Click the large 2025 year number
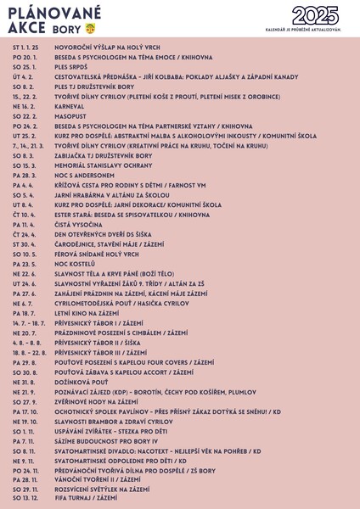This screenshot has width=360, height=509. (315, 14)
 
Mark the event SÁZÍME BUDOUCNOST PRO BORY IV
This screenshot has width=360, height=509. (107, 441)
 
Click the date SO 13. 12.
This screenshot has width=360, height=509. (25, 499)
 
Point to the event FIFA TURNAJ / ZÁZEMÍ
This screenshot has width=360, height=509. (87, 499)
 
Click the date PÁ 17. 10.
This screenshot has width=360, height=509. (25, 411)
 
